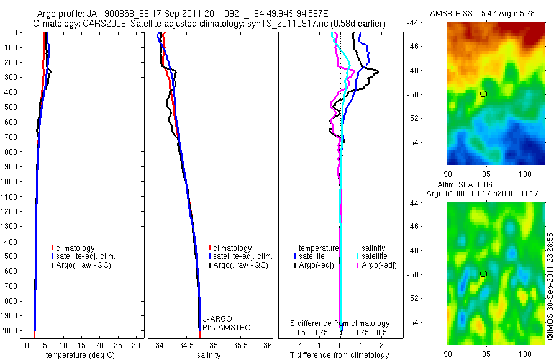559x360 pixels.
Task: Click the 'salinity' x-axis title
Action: click(x=209, y=355)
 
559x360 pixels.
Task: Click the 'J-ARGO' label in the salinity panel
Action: click(x=215, y=319)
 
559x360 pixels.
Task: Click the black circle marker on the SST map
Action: click(x=483, y=94)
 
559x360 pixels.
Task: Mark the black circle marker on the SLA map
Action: click(x=483, y=274)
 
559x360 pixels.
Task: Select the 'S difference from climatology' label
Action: click(x=340, y=323)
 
